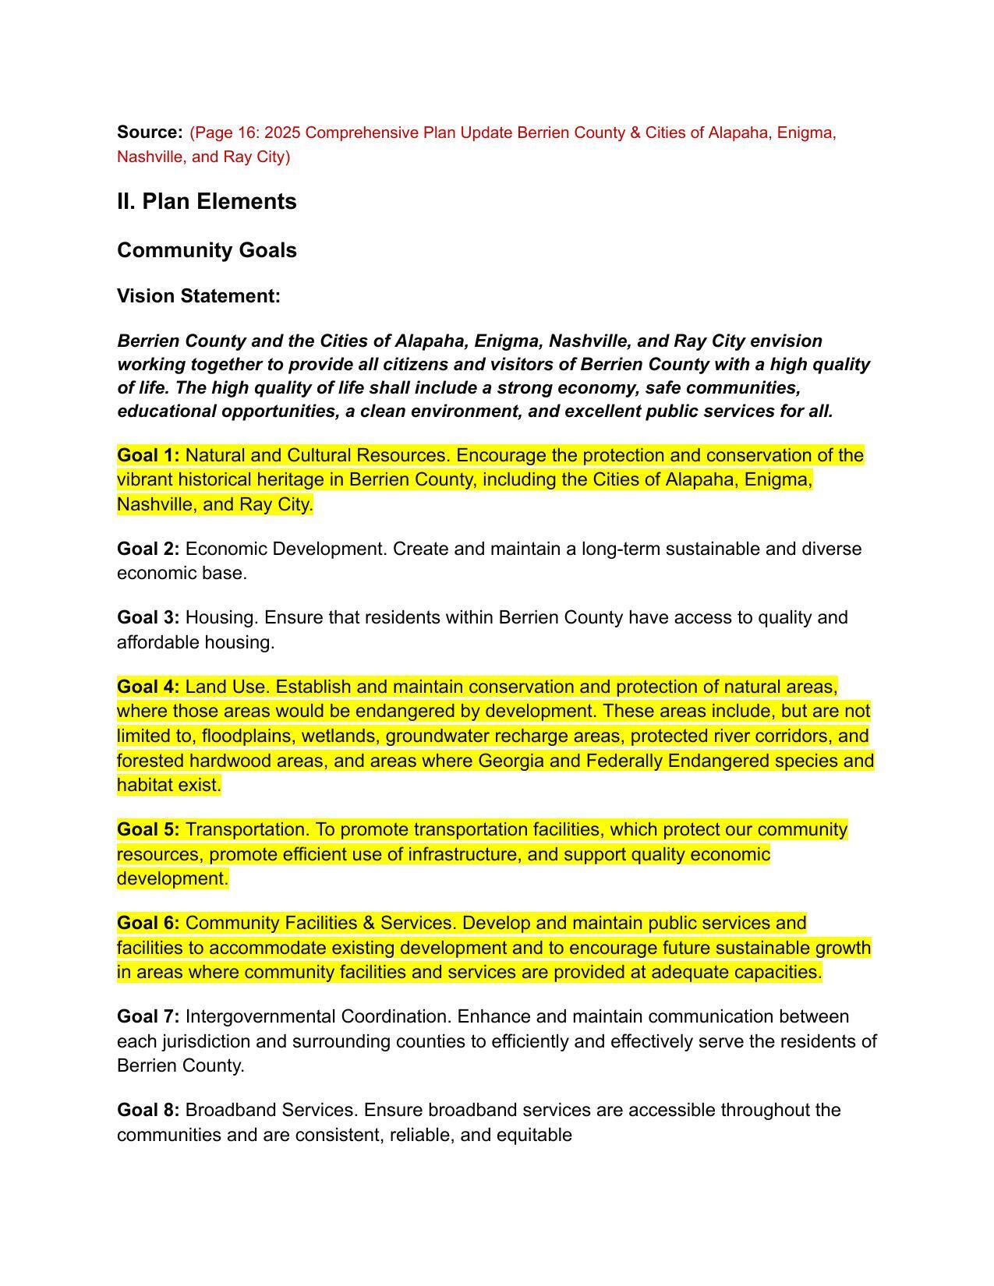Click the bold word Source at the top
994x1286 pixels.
149,132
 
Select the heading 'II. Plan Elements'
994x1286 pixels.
207,201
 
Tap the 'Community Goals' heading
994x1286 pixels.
207,250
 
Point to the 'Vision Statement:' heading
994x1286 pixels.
198,296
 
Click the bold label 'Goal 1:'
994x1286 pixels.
148,455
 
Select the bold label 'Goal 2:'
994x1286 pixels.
148,549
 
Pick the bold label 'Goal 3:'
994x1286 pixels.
148,617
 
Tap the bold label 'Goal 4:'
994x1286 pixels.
148,687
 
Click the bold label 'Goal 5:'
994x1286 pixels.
148,829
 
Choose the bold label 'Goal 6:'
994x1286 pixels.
148,923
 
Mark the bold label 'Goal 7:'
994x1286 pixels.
148,1016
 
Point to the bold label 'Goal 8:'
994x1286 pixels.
148,1109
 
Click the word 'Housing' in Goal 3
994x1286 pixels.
221,617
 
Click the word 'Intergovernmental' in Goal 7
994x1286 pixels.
259,1016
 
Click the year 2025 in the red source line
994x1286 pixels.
281,133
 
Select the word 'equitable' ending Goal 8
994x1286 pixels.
534,1135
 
